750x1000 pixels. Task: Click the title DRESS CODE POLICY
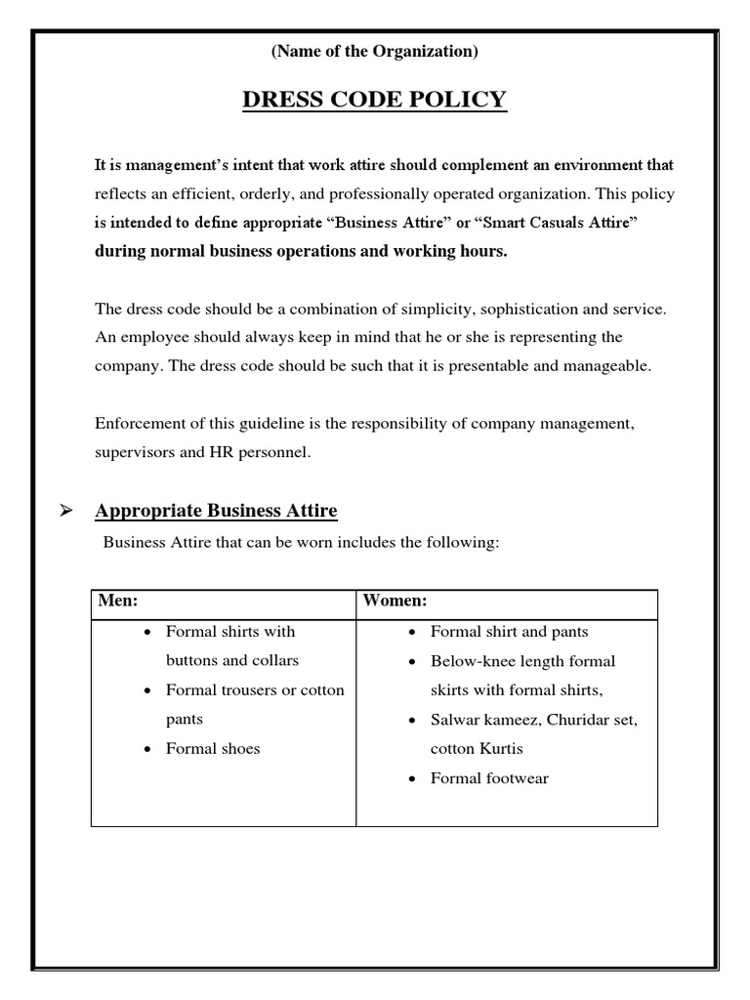375,100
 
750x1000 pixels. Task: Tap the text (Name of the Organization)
375,52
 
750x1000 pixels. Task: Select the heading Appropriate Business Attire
216,511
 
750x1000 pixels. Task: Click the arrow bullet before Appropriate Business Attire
67,511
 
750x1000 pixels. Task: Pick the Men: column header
117,601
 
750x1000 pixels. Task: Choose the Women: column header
395,601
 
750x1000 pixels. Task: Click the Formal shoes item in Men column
213,749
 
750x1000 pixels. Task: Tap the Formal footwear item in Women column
489,778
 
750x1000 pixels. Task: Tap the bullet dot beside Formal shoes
146,750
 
